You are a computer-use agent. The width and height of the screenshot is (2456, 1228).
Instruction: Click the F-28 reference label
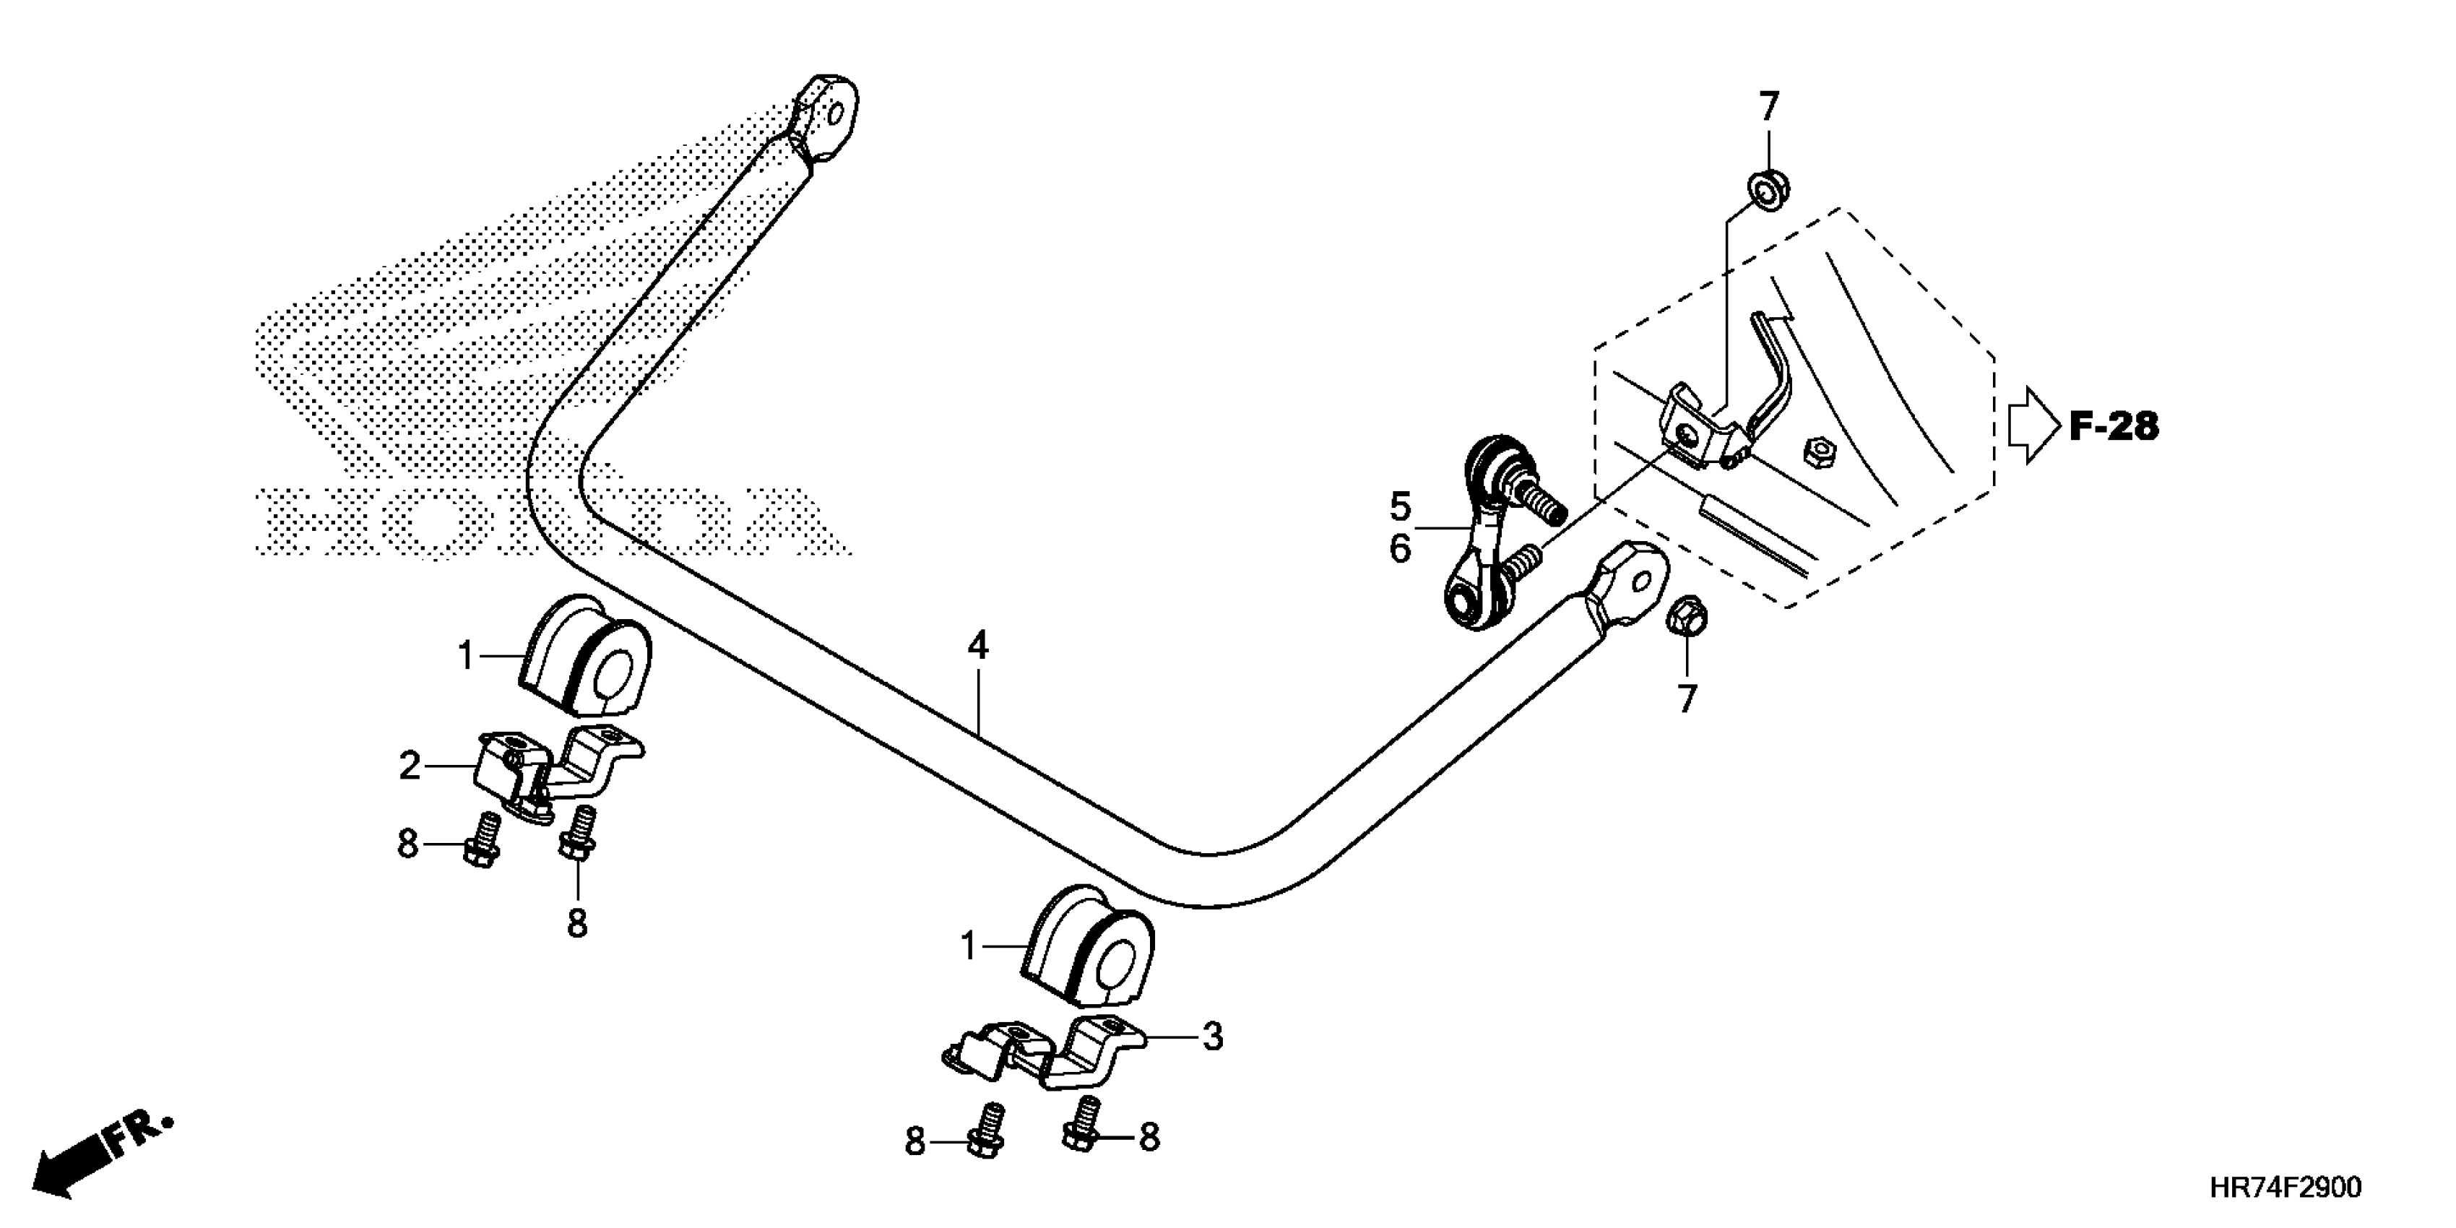pyautogui.click(x=2113, y=426)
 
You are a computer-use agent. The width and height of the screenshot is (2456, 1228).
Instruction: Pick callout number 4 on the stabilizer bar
pyautogui.click(x=977, y=647)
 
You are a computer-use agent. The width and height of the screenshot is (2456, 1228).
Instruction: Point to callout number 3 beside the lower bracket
pyautogui.click(x=1212, y=1037)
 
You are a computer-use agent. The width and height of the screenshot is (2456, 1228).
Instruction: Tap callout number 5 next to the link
pyautogui.click(x=1400, y=507)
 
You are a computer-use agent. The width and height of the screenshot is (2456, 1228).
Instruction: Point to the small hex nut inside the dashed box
pyautogui.click(x=1819, y=451)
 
